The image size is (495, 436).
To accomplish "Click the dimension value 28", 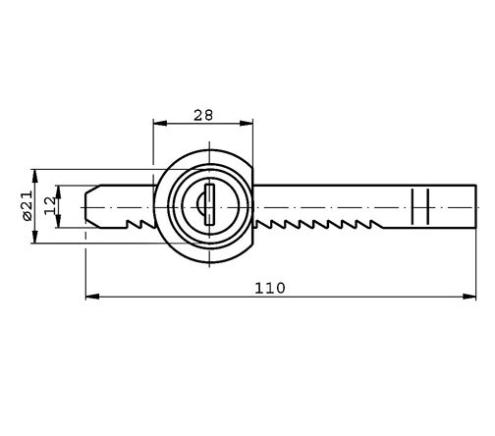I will tap(203, 115).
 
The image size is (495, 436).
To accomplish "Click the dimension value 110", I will tap(269, 288).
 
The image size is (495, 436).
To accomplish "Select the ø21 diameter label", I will tap(27, 206).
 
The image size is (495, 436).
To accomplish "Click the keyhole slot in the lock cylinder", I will tap(210, 207).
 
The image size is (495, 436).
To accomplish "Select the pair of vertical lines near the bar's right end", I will tap(420, 207).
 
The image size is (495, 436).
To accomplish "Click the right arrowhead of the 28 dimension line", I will tap(248, 124).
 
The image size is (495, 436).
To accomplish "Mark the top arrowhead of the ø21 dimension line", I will tap(35, 174).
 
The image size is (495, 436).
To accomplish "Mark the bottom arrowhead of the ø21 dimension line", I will tap(35, 239).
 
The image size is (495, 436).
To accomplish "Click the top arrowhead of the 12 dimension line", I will tap(58, 189).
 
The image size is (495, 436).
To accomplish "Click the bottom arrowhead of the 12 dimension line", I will tap(58, 224).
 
